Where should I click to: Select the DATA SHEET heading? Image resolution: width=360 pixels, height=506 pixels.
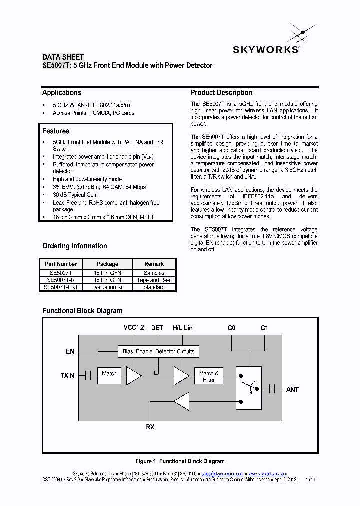click(x=63, y=57)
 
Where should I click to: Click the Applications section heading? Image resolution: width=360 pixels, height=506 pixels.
click(x=62, y=92)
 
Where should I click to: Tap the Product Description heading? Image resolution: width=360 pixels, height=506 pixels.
click(x=221, y=92)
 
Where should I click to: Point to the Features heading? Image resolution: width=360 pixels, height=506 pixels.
click(x=56, y=131)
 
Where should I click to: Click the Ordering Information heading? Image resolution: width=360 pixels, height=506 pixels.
click(x=75, y=246)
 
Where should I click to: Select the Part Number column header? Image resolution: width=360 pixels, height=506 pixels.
click(x=61, y=264)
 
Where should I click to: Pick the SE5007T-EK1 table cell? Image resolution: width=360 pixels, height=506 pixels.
click(x=61, y=287)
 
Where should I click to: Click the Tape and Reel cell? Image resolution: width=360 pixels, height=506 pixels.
click(x=154, y=280)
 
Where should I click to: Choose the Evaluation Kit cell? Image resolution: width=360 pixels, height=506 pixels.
click(x=107, y=287)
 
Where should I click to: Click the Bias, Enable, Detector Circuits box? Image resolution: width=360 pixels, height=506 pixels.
click(x=158, y=351)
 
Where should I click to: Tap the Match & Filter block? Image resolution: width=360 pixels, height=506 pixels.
click(x=209, y=376)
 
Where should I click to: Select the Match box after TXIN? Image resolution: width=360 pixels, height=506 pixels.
click(x=109, y=373)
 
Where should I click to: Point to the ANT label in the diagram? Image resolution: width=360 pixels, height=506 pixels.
click(x=292, y=389)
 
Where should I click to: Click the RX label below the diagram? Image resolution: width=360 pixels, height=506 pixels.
click(x=150, y=427)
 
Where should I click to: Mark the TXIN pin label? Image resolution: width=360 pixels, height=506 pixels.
click(x=67, y=375)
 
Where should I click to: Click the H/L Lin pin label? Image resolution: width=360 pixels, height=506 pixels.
click(x=182, y=328)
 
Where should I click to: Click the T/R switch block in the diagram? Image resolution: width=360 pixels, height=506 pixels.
click(x=248, y=388)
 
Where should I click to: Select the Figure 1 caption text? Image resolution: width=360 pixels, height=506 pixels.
click(x=180, y=461)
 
